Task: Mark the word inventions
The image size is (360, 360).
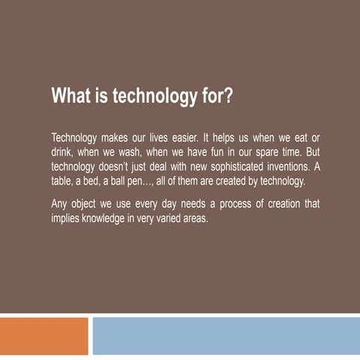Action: [283, 166]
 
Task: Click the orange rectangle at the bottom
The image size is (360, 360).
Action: [43, 335]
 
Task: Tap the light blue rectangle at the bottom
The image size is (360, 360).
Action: [226, 335]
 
